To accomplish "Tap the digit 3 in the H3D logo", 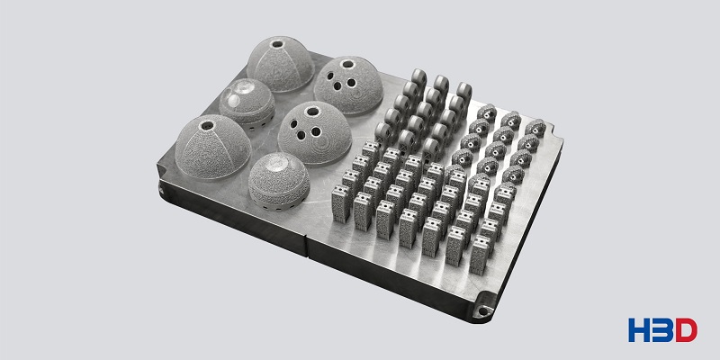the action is [x=662, y=329].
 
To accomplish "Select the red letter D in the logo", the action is [x=686, y=329].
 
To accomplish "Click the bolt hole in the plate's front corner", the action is [x=482, y=310].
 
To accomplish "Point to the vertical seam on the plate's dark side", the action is [x=307, y=247].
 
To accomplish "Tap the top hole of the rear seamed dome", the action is [x=277, y=45].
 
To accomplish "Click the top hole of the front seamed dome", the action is [x=208, y=125].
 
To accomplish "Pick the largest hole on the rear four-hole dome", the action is [x=348, y=64].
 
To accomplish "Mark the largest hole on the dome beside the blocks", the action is [x=312, y=111].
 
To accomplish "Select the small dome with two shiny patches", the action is [x=247, y=103].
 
